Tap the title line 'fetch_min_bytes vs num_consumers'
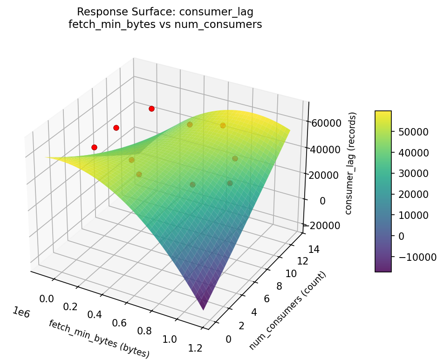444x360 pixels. click(165, 24)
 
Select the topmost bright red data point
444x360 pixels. click(151, 109)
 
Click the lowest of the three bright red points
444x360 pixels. click(94, 147)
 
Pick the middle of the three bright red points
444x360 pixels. click(116, 128)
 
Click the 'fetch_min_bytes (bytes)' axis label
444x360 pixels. click(99, 339)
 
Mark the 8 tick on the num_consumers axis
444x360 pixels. click(279, 286)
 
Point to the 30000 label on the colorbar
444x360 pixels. click(412, 173)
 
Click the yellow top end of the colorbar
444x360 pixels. click(383, 113)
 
